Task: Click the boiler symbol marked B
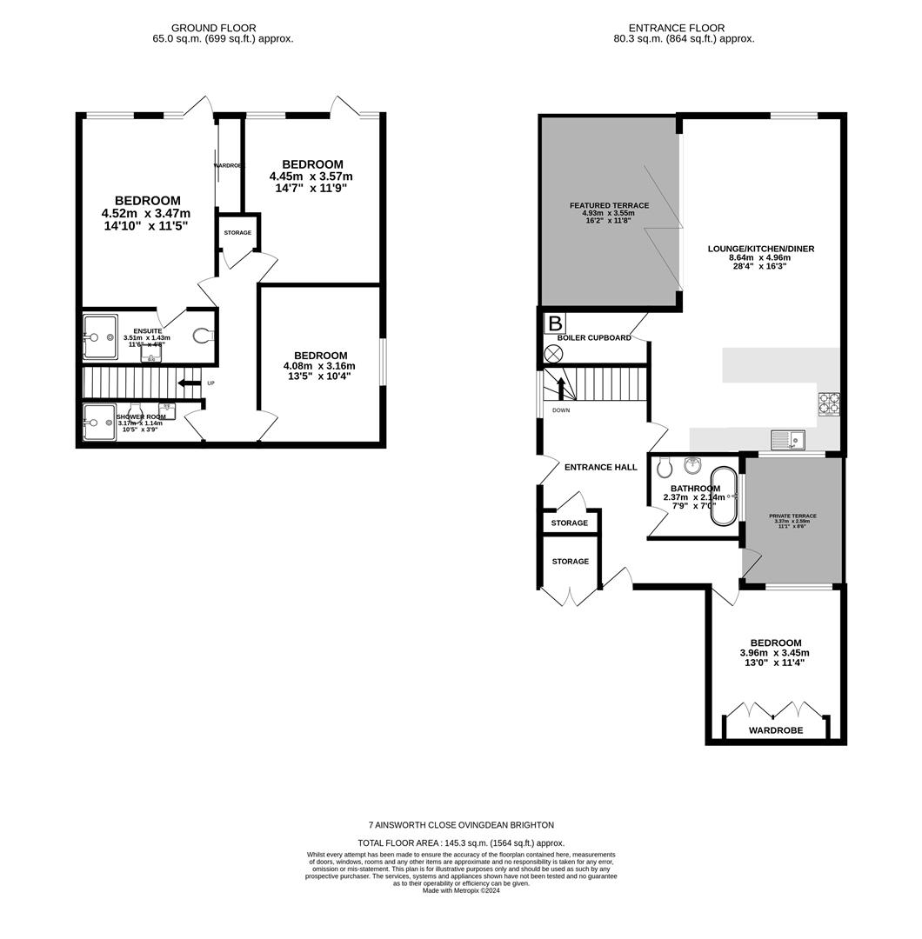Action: tap(553, 323)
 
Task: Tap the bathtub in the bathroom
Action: tap(724, 496)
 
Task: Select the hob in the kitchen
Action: tap(828, 403)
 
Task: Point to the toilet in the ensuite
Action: tap(202, 336)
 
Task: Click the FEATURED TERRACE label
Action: tap(609, 205)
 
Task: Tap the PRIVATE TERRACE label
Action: tap(792, 516)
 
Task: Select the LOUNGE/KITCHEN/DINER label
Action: tap(760, 249)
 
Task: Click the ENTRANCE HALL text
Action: tap(600, 467)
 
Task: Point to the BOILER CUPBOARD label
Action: tap(594, 337)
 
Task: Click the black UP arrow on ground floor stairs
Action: tap(188, 383)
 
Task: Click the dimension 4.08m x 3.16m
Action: tap(320, 366)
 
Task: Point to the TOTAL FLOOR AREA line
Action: tap(461, 842)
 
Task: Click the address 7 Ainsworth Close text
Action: tap(461, 824)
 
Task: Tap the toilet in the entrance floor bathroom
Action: tap(665, 468)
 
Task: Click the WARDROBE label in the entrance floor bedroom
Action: tap(776, 730)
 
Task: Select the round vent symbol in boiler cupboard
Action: tap(553, 353)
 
